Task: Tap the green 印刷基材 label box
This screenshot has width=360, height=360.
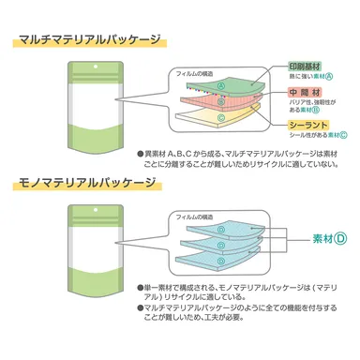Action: [309, 68]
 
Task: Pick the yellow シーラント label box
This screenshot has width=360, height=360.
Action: [308, 125]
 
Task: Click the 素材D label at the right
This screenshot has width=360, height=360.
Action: [330, 238]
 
